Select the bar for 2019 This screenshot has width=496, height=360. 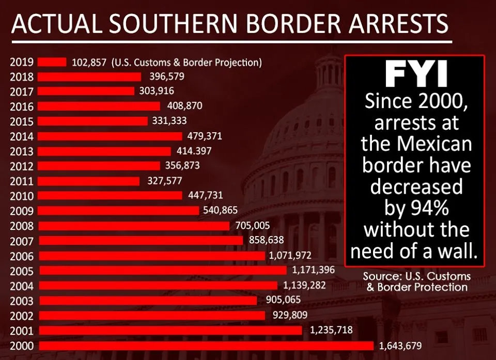pyautogui.click(x=52, y=62)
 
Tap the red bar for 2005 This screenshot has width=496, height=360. pyautogui.click(x=162, y=270)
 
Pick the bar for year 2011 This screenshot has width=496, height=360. pyautogui.click(x=89, y=181)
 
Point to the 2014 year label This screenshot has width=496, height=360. pyautogui.click(x=21, y=136)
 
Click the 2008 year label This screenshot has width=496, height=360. pyautogui.click(x=21, y=226)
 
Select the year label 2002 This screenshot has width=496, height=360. pyautogui.click(x=21, y=315)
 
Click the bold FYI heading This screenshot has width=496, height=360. pyautogui.click(x=416, y=75)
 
